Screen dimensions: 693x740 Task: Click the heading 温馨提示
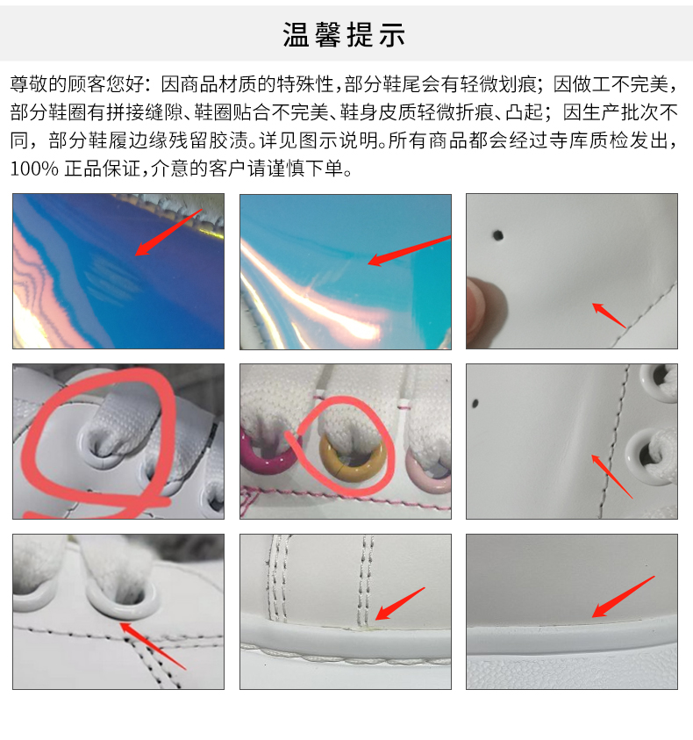(344, 34)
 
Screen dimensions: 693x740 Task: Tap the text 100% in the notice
(34, 169)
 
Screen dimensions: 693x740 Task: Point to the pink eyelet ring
(427, 472)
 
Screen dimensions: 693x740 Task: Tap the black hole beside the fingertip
(497, 234)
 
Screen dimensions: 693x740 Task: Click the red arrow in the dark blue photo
(168, 233)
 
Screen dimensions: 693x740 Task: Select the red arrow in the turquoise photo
(409, 250)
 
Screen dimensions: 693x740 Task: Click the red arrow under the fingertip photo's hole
(609, 315)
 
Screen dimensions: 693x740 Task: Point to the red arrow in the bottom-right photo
(623, 597)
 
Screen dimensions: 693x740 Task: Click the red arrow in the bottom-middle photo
(400, 604)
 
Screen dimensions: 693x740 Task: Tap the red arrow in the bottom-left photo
(153, 646)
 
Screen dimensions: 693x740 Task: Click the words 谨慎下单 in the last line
(305, 169)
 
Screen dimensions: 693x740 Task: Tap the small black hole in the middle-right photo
(475, 404)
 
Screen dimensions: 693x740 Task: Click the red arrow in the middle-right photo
(612, 477)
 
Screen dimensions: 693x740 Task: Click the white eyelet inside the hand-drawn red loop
(100, 446)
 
